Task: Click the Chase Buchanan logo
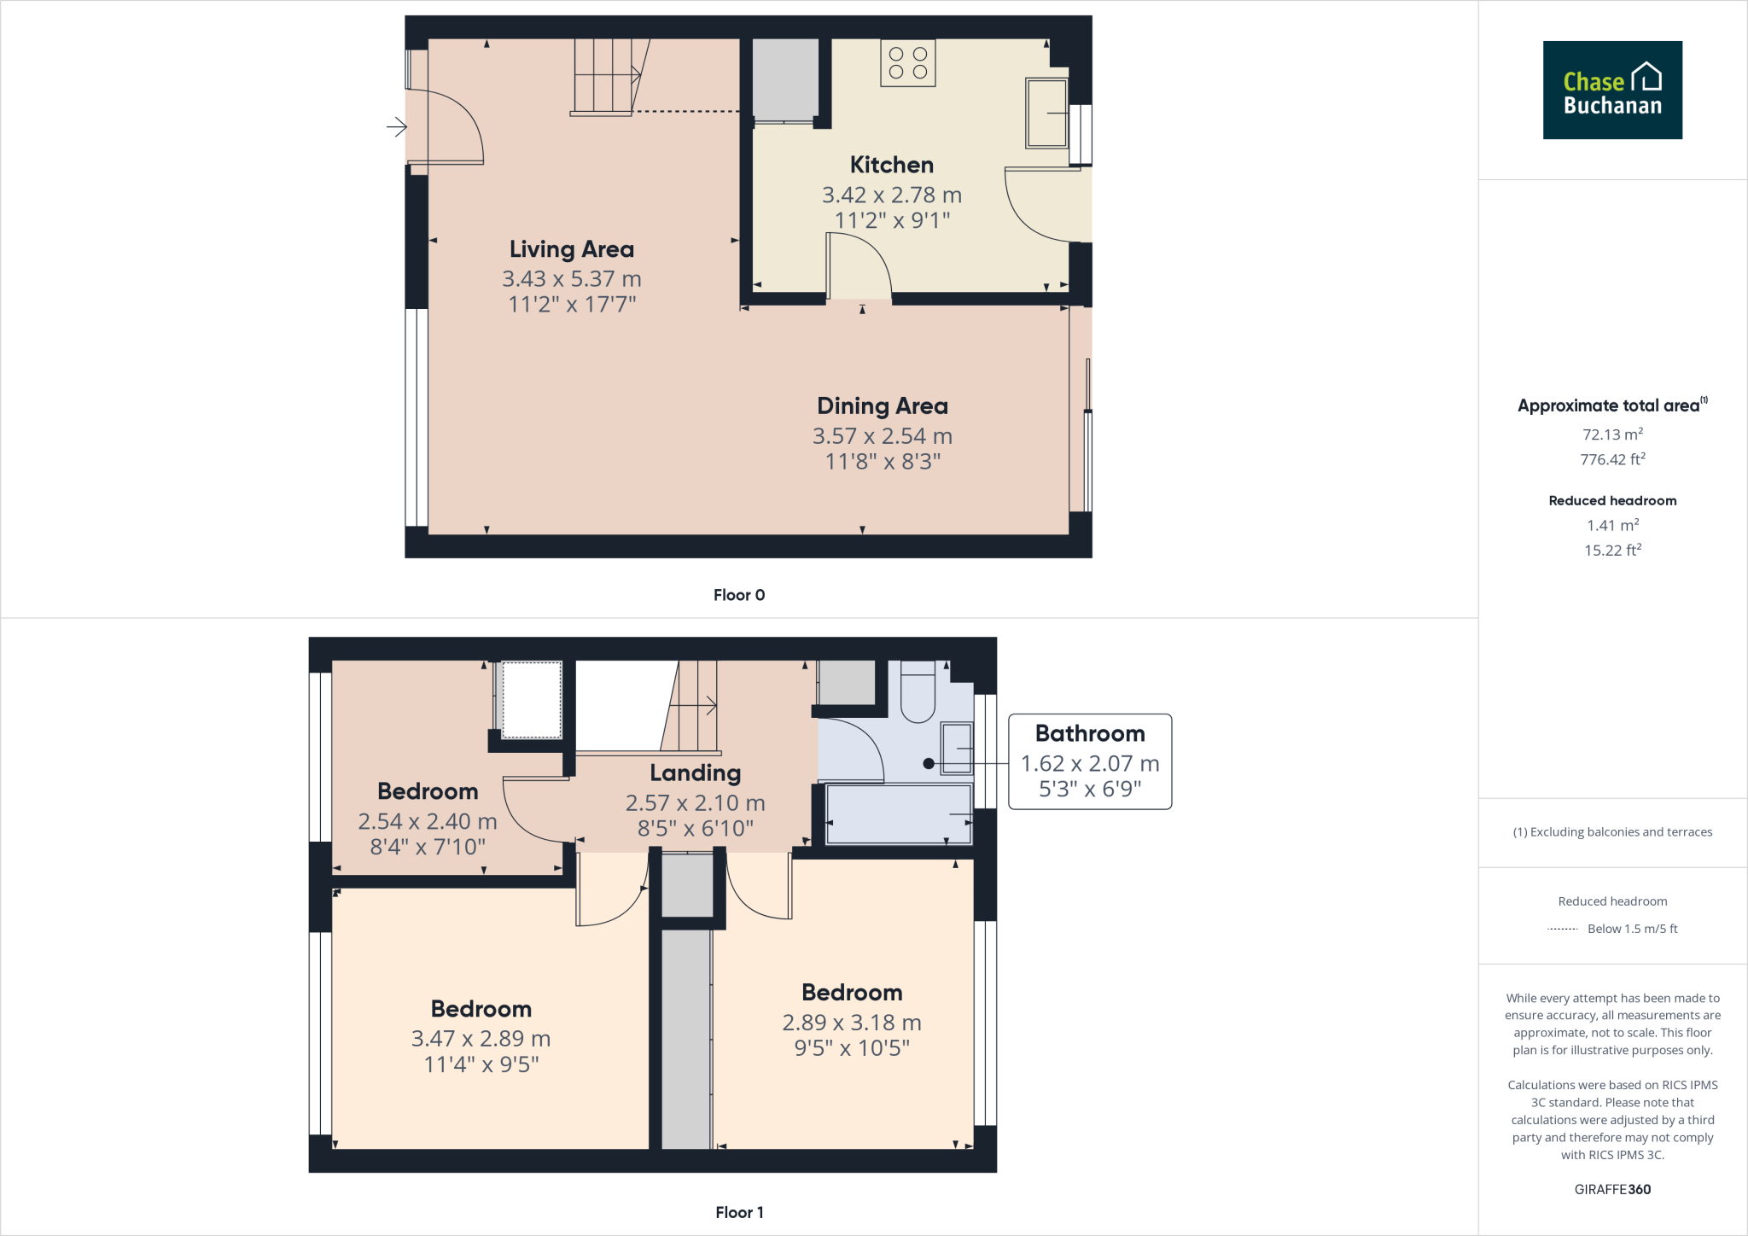(1612, 90)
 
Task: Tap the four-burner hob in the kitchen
(908, 63)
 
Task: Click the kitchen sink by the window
(1046, 113)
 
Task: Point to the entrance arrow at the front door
(396, 127)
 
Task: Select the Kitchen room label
(891, 165)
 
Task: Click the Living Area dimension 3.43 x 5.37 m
(571, 279)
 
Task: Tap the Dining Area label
(882, 406)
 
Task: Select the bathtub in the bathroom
(898, 813)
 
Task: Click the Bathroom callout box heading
(1089, 733)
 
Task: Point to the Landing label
(695, 773)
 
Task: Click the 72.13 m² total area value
(1612, 434)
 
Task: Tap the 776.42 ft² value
(1612, 459)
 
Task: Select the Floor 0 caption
(739, 595)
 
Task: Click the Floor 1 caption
(739, 1212)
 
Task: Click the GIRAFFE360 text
(1612, 1189)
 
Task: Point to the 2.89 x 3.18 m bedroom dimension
(851, 1023)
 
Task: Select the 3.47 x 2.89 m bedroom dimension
(481, 1039)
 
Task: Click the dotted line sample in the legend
(1562, 929)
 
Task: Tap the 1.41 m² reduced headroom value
(1612, 526)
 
